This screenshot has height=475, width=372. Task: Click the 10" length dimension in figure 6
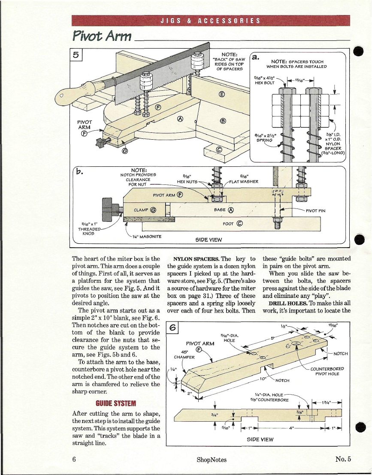263,379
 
